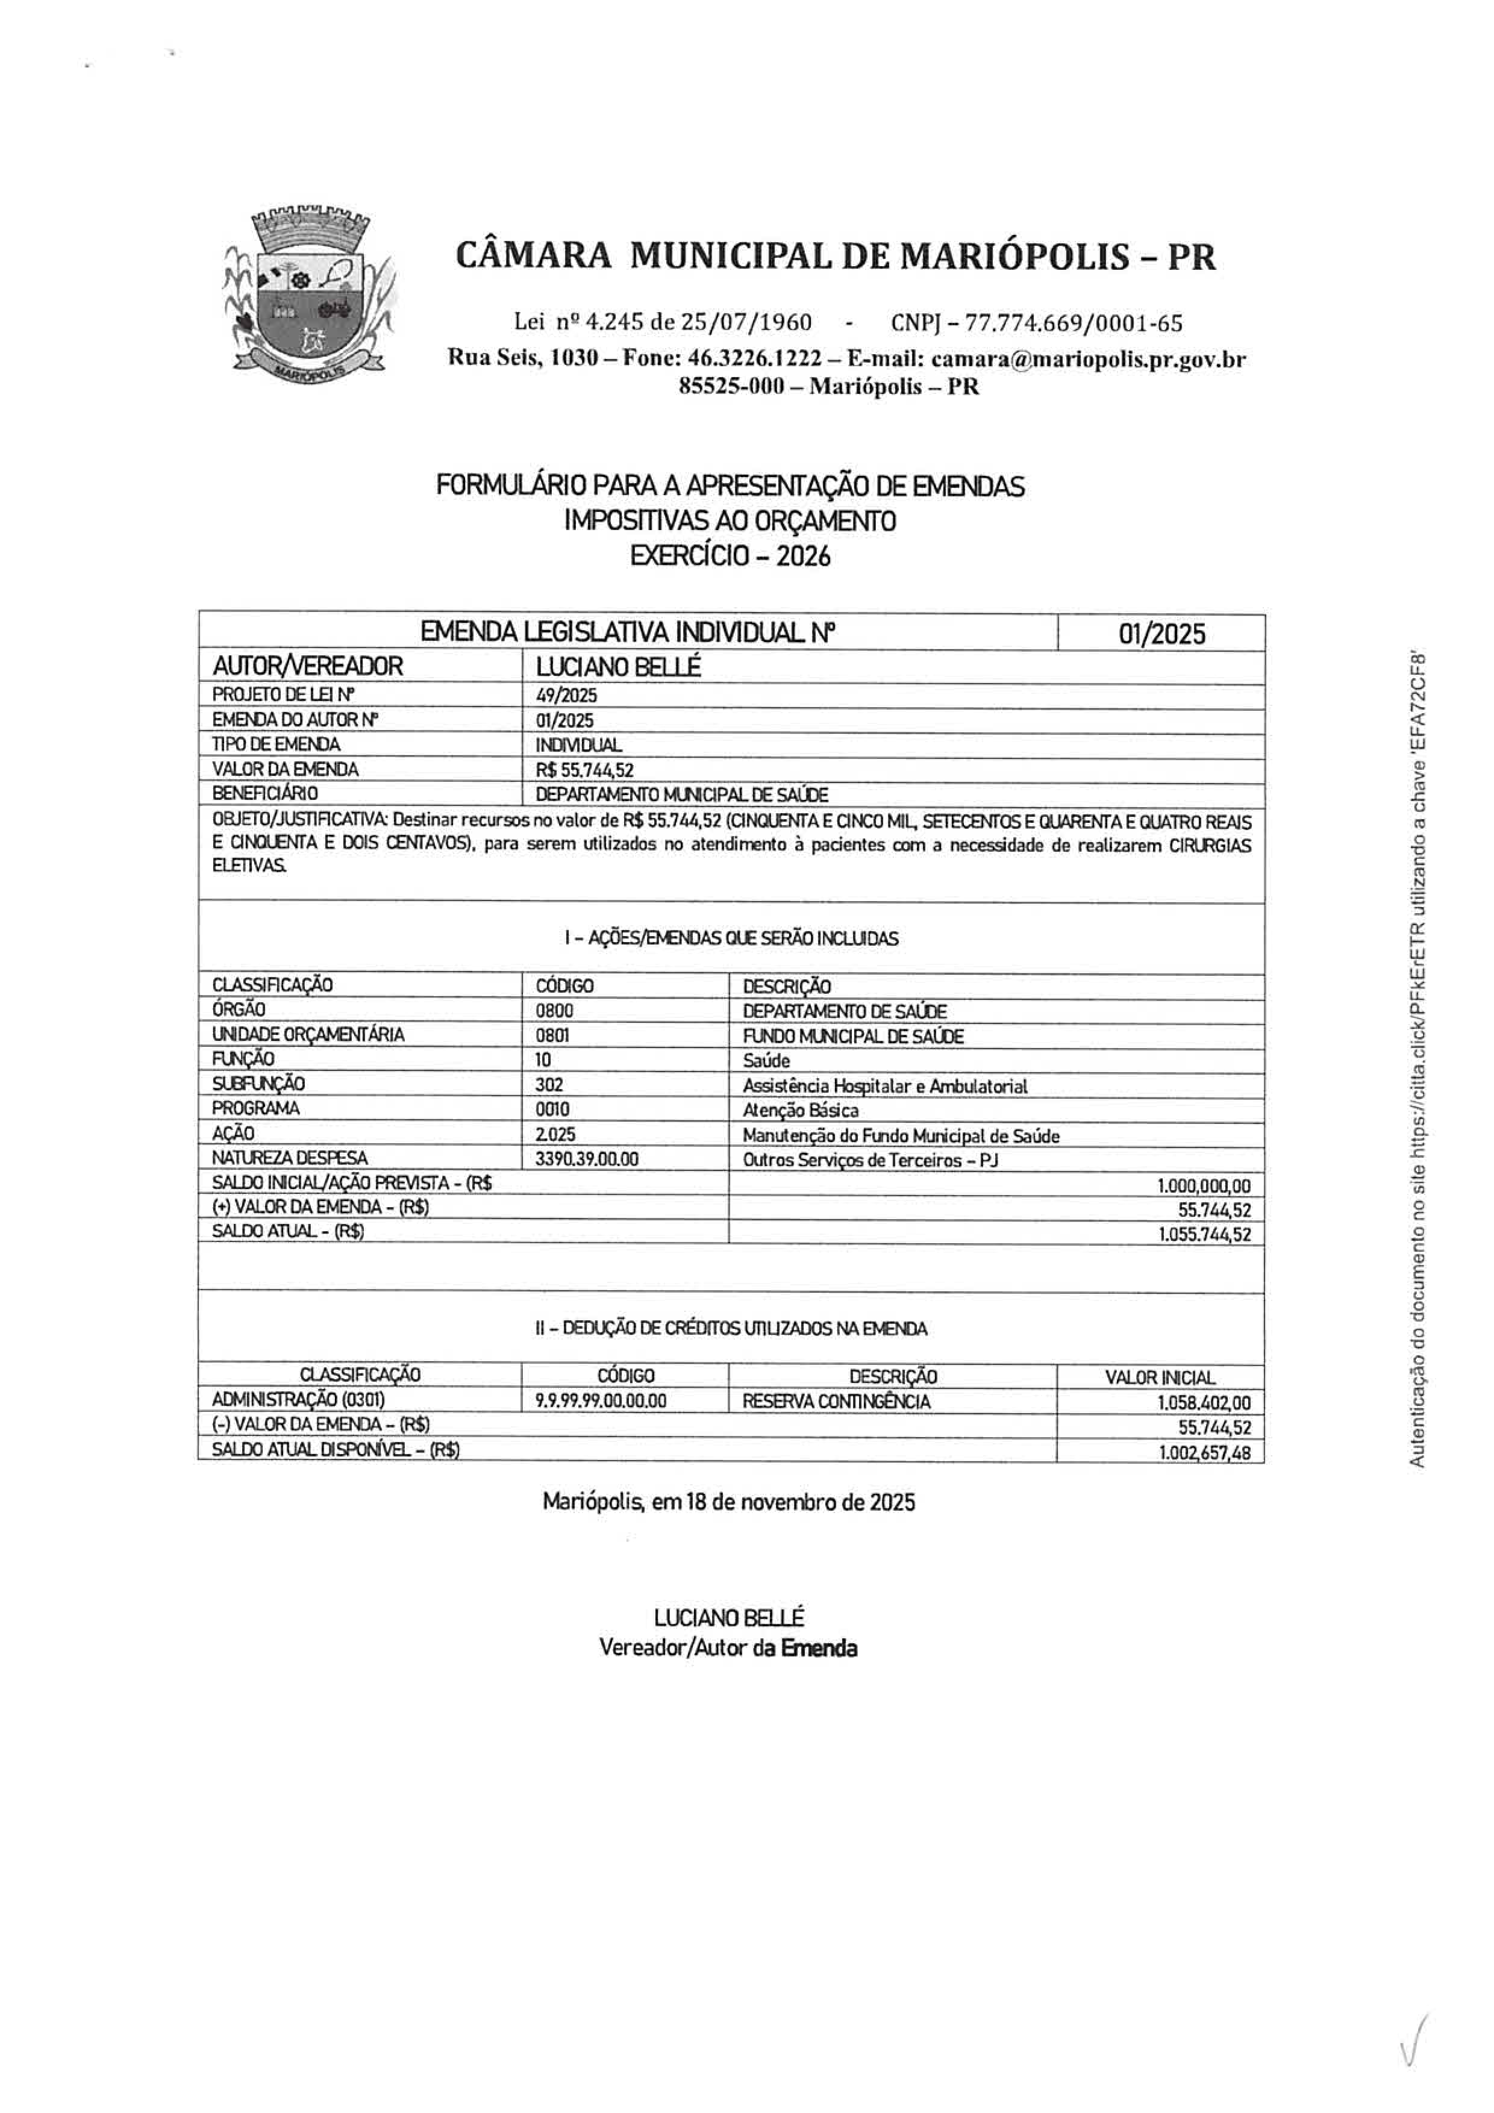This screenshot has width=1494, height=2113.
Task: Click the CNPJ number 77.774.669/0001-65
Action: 1037,323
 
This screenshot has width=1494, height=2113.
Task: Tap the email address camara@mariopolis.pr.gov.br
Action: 1088,359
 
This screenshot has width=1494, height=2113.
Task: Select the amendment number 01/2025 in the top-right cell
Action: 1161,634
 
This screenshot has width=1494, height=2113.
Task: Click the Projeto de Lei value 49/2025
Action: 566,696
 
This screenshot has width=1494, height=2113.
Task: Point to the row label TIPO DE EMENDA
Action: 276,744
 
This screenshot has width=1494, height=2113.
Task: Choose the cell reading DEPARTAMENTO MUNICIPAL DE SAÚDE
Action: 682,794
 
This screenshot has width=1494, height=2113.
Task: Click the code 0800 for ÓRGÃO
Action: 554,1011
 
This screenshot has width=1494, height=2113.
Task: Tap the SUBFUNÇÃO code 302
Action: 549,1085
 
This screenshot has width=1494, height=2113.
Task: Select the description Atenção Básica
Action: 800,1111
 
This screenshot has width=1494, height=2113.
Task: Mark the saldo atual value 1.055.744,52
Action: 1205,1235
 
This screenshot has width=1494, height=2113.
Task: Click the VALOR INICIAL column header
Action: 1160,1378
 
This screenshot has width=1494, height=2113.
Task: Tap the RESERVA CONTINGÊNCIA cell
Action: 836,1402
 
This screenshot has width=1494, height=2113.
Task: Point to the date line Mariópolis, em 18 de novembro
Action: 728,1503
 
